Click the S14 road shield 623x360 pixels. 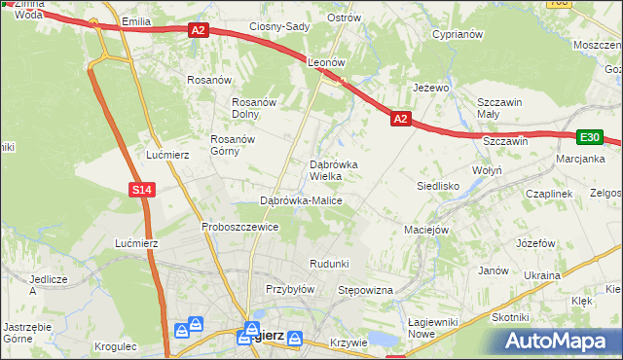point(141,189)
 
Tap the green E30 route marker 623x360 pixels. point(589,137)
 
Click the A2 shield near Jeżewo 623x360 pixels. point(400,119)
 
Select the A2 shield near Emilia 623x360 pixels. point(199,30)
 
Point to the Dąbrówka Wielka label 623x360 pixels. point(334,170)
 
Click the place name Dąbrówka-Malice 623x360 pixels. point(301,200)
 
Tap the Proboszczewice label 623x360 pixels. point(240,227)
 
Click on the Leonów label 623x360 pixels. point(327,61)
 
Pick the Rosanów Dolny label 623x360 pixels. point(255,108)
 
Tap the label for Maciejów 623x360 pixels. point(425,230)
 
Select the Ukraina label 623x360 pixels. point(541,275)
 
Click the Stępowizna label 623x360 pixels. point(364,290)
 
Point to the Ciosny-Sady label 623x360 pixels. point(279,26)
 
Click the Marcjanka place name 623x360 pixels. point(581,159)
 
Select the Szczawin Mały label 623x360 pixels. point(500,107)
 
